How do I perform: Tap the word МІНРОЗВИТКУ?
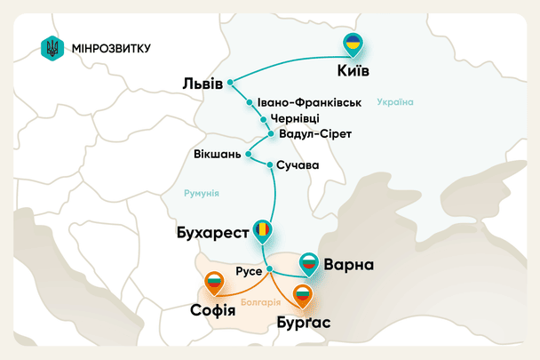pos(110,48)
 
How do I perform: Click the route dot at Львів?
pos(230,83)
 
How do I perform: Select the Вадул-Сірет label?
pos(315,134)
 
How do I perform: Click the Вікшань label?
pos(217,156)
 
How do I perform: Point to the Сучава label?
pos(298,165)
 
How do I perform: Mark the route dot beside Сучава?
pos(270,164)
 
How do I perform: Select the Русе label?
pos(248,269)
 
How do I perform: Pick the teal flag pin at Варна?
pos(308,260)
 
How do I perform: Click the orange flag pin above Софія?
pos(214,284)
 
